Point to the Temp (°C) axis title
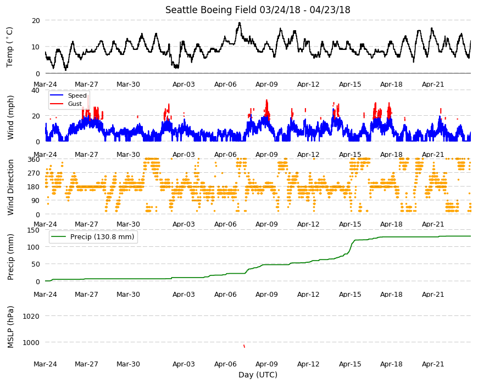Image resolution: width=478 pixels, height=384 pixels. coord(10,47)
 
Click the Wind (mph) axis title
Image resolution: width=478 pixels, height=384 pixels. coord(10,117)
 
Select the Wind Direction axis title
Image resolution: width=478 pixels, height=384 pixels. coord(10,187)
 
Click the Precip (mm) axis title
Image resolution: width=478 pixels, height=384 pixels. coord(10,257)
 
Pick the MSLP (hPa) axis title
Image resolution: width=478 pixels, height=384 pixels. coord(10,327)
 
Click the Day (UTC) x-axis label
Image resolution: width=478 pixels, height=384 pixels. coord(258,375)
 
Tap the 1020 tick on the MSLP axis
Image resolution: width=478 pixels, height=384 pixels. coord(31,316)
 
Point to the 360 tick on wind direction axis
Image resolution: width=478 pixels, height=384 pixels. coord(34,160)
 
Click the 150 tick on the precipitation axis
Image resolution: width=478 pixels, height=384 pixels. coord(34,230)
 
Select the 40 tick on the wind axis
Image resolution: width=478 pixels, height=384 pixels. coord(35,90)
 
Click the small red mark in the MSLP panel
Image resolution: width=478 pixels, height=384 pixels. coord(244,346)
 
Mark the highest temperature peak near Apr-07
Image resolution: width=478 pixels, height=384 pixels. coord(240,23)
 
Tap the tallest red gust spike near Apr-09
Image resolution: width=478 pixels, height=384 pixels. coord(266,100)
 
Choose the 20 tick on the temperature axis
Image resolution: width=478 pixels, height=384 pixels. coord(36,20)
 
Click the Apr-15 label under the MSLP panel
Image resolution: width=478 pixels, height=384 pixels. coord(350,364)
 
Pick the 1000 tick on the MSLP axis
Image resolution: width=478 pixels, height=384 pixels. coord(31,343)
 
